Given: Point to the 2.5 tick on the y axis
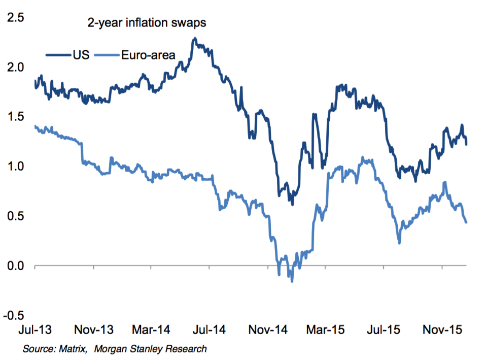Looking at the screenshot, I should [x=15, y=18].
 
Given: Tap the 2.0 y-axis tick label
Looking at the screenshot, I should [x=15, y=68].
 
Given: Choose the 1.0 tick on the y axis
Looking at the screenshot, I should [x=15, y=167].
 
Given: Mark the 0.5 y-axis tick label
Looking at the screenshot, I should [x=15, y=216].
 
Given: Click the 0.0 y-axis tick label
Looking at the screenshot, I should [x=15, y=266].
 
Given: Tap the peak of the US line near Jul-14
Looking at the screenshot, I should [x=194, y=39].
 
